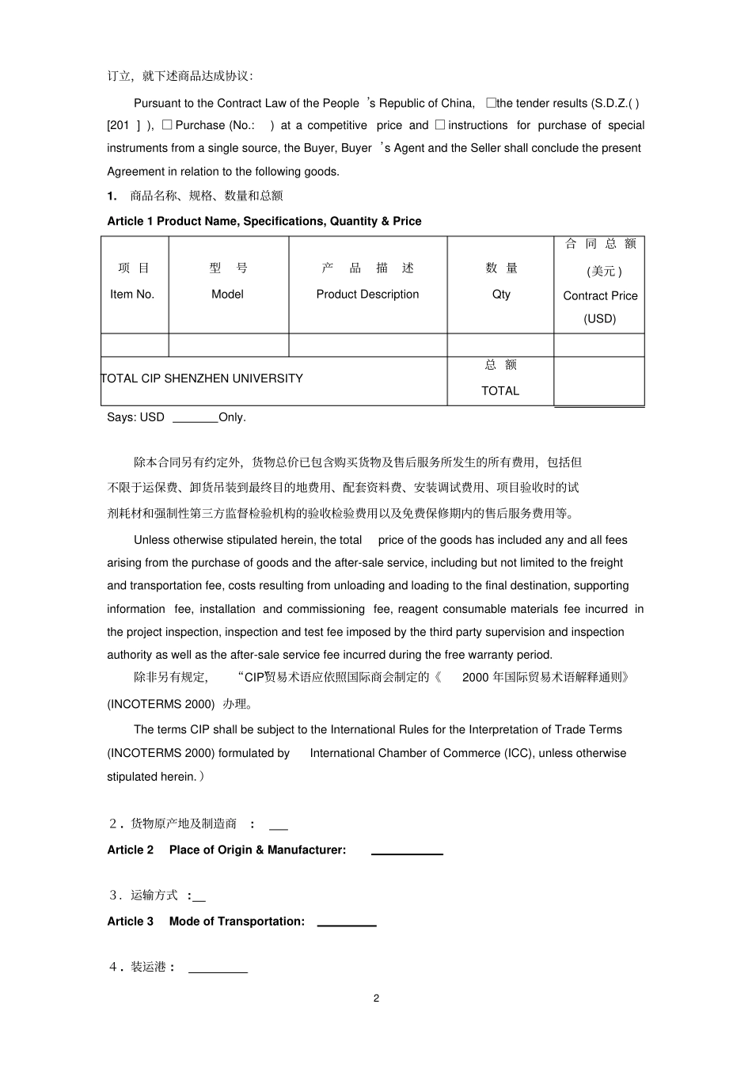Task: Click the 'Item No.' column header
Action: coord(132,294)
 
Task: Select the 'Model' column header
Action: coord(227,294)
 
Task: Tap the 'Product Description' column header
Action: coord(367,294)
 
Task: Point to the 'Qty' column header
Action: coord(501,294)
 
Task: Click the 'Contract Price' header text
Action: coord(600,295)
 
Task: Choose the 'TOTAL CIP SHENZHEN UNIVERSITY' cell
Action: coord(202,378)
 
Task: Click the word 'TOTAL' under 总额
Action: coord(500,390)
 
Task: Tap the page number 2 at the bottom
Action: coord(376,998)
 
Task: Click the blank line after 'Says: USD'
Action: coord(195,418)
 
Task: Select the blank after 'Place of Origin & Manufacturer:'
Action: coord(407,851)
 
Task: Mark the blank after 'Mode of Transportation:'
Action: coord(347,922)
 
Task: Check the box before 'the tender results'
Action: coord(491,103)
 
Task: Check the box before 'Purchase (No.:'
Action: coord(167,125)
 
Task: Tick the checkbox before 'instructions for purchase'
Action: coord(440,125)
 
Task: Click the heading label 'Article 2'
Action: coord(131,850)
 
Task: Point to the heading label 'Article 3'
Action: coord(131,921)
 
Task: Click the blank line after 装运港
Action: coord(218,968)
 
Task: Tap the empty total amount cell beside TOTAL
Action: coord(598,381)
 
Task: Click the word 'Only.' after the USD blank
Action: coord(233,417)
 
